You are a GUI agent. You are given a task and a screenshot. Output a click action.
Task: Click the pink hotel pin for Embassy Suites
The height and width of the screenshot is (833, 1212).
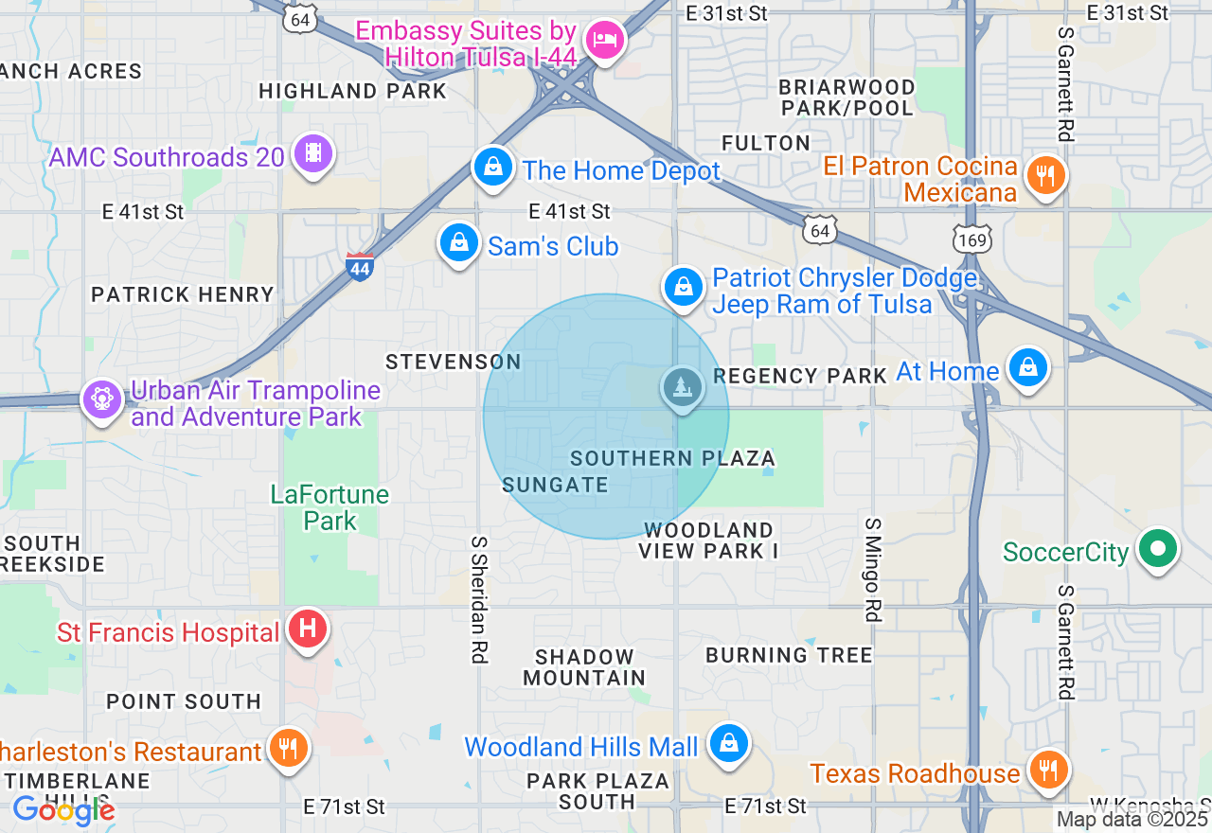[x=604, y=40]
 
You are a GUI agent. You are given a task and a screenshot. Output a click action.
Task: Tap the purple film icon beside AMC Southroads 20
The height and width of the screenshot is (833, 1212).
[x=312, y=153]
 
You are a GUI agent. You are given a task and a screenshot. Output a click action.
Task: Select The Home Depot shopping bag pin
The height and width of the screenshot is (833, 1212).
[x=492, y=168]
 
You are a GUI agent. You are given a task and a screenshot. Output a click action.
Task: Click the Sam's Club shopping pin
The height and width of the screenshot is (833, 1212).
[x=459, y=243]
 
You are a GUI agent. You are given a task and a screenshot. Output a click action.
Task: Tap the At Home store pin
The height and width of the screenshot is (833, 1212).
[x=1027, y=367]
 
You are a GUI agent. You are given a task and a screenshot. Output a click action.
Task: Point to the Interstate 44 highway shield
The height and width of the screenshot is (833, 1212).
[x=359, y=266]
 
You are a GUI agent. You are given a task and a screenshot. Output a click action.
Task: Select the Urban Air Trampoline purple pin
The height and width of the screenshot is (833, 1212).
[x=102, y=399]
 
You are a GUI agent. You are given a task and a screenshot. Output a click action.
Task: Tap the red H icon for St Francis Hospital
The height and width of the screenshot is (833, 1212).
[x=307, y=629]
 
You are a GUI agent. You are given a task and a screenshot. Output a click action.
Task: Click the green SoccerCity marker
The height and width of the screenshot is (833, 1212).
[x=1156, y=549]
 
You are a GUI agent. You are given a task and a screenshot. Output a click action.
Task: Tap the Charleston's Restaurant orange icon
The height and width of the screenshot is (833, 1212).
[x=288, y=749]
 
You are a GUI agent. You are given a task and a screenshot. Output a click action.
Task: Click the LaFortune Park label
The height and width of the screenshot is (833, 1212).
[x=330, y=507]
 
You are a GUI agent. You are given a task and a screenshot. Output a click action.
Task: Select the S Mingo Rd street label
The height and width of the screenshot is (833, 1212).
[x=873, y=570]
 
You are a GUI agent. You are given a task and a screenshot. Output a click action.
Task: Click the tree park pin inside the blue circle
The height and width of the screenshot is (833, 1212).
[x=682, y=386]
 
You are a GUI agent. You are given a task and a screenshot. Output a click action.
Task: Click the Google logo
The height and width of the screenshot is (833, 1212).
[x=63, y=810]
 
